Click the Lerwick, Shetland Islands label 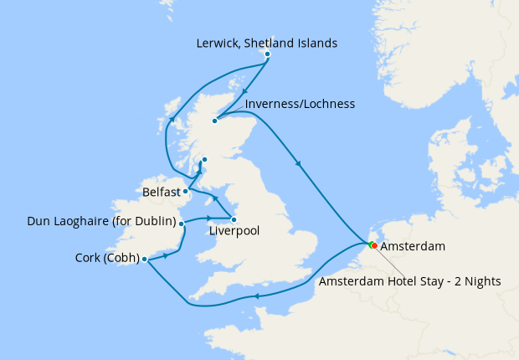266,43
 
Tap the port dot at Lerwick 267,54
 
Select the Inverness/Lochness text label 301,104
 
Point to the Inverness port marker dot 214,121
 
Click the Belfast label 161,192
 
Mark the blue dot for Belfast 186,191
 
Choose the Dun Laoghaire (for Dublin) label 101,222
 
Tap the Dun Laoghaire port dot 181,224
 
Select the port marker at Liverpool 234,219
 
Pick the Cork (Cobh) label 105,259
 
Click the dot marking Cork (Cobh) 145,259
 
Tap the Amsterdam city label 412,247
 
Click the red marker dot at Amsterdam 373,245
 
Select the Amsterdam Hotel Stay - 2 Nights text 409,282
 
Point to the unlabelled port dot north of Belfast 203,159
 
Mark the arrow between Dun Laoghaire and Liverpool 208,219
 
